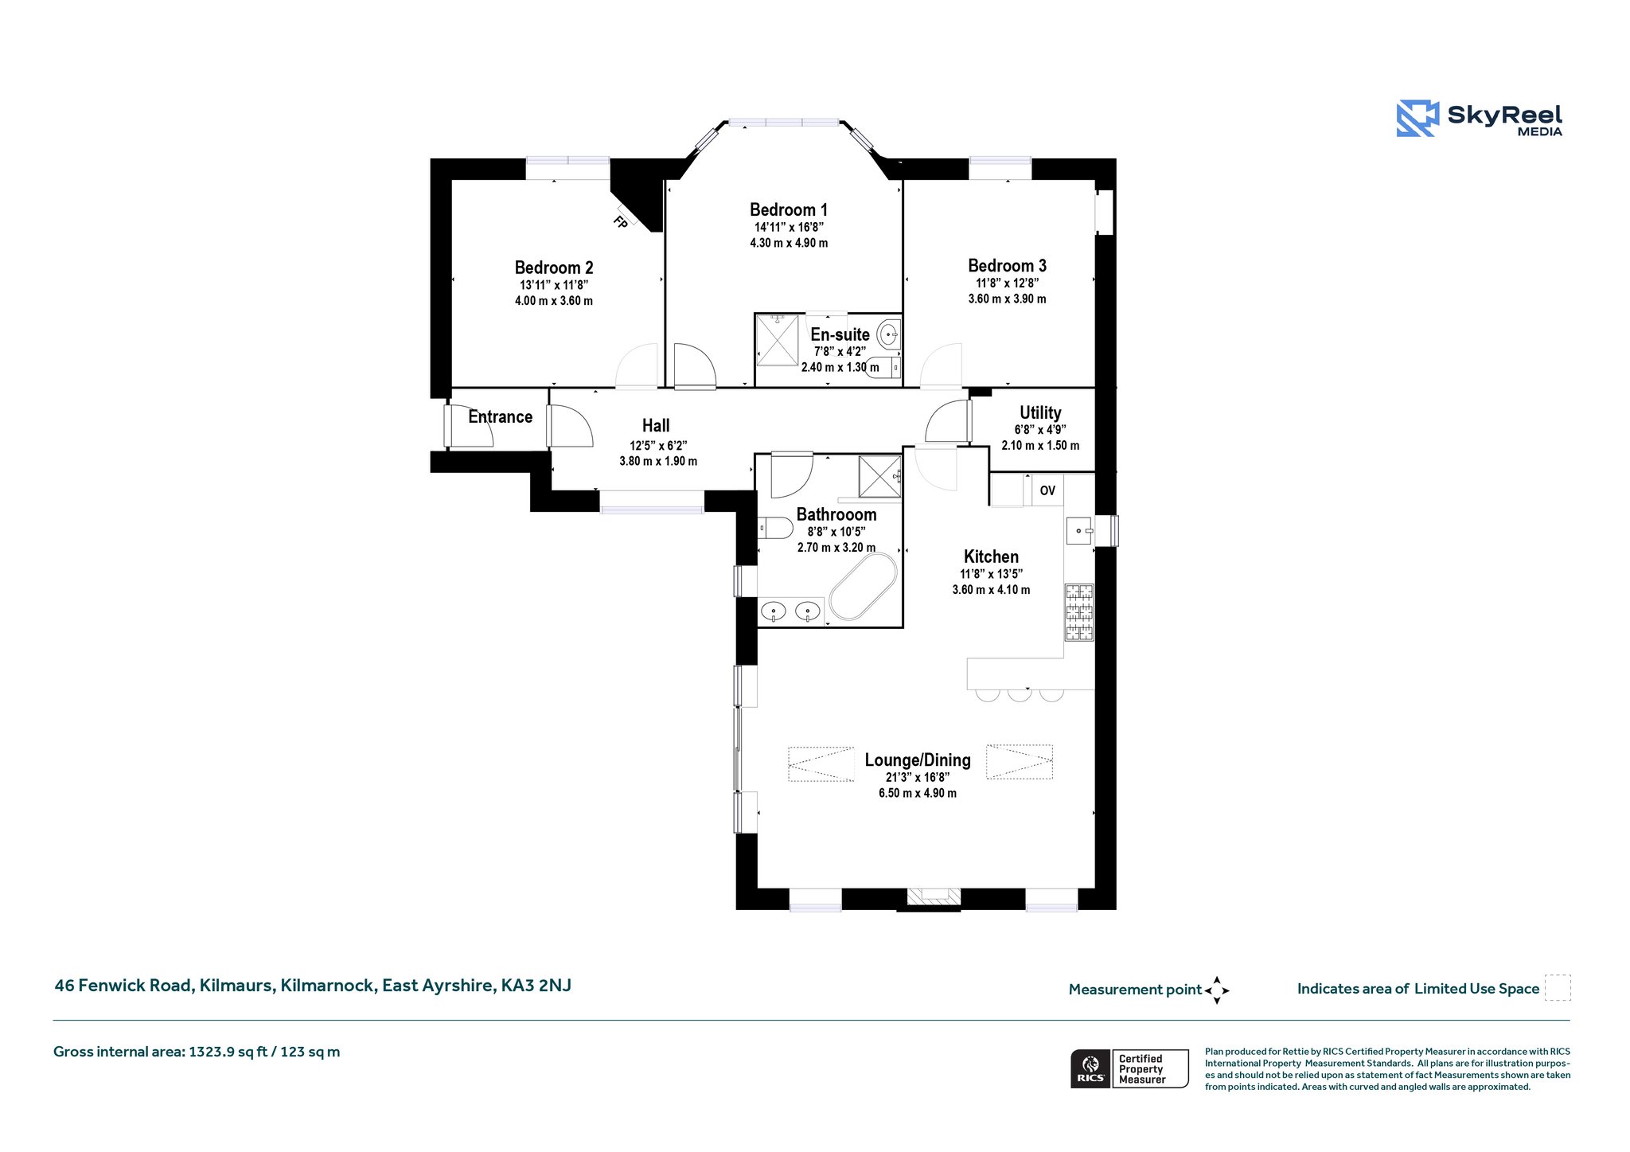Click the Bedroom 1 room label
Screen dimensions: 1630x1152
tap(789, 210)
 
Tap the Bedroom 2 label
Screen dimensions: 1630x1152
tap(554, 267)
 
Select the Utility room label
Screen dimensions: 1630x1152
tap(1040, 412)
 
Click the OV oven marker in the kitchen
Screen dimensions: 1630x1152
tap(1047, 490)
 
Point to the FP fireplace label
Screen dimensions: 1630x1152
tap(621, 222)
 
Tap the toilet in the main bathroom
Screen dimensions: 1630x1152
tap(775, 528)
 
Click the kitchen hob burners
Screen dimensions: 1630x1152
tap(1079, 612)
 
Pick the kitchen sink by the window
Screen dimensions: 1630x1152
tap(1080, 530)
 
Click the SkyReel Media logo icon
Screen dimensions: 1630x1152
tap(1417, 119)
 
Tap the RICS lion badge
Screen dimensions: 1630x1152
tap(1090, 1068)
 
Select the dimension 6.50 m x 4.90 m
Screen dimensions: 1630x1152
tap(918, 793)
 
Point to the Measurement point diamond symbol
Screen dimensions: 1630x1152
tap(1217, 990)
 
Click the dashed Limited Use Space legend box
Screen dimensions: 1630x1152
tap(1558, 987)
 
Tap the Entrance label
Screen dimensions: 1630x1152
tap(500, 416)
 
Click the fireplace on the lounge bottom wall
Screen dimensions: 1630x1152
tap(934, 897)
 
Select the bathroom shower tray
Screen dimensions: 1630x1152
tap(879, 477)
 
